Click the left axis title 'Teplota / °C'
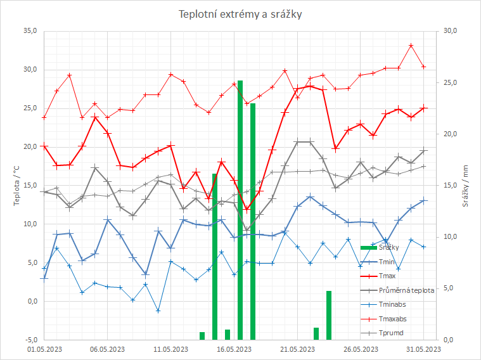coord(17,184)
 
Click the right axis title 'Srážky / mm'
coord(465,184)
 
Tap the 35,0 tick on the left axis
coord(30,30)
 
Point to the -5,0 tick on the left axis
coord(30,340)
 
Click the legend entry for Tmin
coord(386,262)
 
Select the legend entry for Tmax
coord(387,276)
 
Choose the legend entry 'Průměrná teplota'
coord(406,290)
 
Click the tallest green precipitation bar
coord(240,209)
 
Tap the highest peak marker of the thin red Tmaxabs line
coord(411,46)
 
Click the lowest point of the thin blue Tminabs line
coord(158,311)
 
